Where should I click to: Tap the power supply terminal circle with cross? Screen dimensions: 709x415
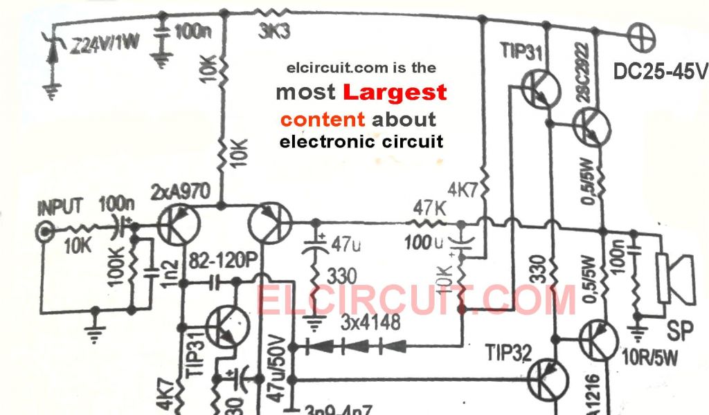[636, 30]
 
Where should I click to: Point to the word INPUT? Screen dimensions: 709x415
[60, 206]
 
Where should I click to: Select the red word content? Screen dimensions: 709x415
[323, 118]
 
